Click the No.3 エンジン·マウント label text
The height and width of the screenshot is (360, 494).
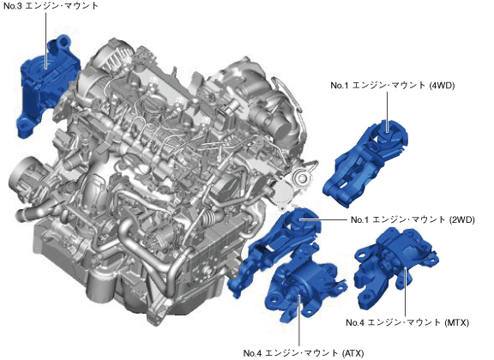tap(51, 6)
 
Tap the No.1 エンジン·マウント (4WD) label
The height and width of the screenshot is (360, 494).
tap(393, 85)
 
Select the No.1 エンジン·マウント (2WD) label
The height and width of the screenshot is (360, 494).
tap(413, 219)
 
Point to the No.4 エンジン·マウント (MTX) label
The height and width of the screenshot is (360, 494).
tap(407, 322)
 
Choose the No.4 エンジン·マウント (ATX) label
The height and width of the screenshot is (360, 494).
tap(304, 353)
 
